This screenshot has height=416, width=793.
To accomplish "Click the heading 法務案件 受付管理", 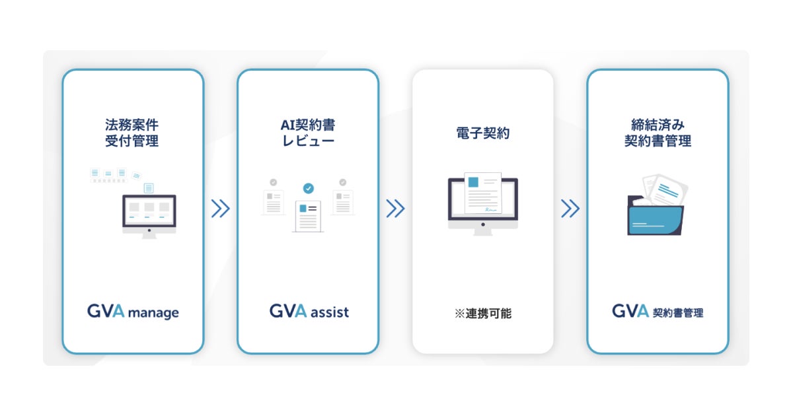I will click(x=132, y=132).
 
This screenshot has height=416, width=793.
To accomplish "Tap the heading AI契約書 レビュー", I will click(x=308, y=132).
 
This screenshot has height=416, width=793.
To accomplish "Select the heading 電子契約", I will click(x=482, y=133).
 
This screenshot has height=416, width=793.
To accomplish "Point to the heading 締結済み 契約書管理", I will click(x=658, y=132).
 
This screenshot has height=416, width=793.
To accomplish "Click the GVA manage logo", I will click(x=133, y=311).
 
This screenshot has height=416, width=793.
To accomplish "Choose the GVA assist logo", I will click(x=309, y=311).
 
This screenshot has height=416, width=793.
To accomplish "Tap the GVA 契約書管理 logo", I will click(x=658, y=311).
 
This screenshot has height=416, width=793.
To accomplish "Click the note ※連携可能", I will click(x=482, y=314).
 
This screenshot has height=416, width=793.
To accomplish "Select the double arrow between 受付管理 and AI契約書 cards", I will click(x=220, y=209).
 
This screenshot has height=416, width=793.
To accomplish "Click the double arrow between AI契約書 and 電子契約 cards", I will click(x=395, y=209).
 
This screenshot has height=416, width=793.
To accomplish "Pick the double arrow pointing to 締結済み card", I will click(x=570, y=209).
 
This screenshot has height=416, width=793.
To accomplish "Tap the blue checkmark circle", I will click(x=308, y=189).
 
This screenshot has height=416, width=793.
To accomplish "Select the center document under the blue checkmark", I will click(x=308, y=215).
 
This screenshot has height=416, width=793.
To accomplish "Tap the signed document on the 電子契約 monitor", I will click(x=483, y=193).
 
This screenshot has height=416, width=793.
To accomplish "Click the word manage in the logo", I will click(x=153, y=312).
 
